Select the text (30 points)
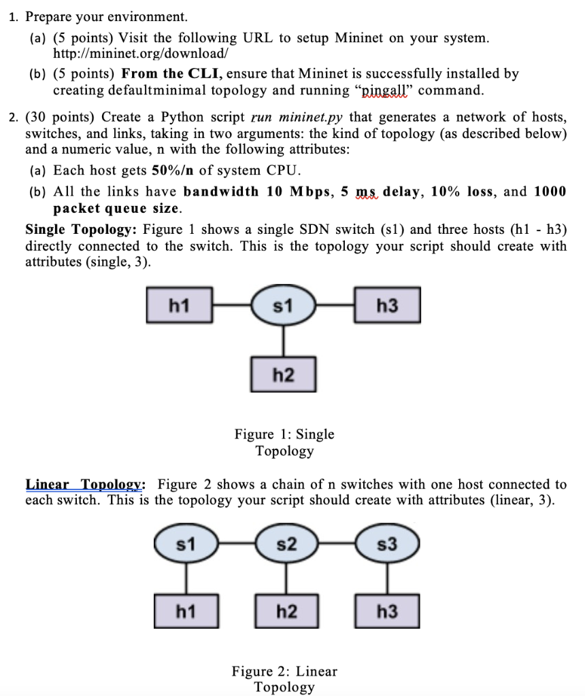62,118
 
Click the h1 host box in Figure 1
179,307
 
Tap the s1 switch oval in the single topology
283,307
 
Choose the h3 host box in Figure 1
386,307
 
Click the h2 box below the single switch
283,373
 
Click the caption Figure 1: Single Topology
284,442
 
